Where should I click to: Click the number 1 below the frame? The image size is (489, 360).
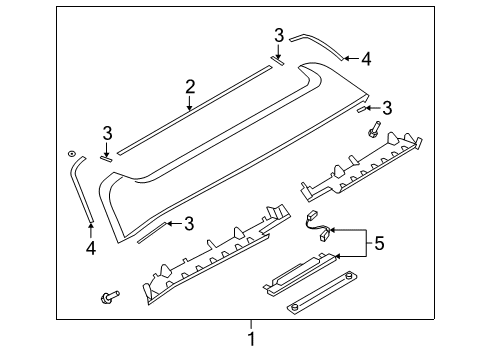[252, 339]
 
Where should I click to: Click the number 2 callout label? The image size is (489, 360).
[190, 87]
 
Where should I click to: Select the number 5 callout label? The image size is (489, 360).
[379, 243]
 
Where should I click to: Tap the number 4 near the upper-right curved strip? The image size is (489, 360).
[366, 59]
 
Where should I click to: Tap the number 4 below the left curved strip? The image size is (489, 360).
[91, 248]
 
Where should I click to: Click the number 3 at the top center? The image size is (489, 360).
[279, 35]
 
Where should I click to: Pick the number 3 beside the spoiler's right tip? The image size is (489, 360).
[387, 108]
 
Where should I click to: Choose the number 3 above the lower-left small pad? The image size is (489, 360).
[107, 133]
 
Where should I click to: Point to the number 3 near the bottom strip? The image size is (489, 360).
[189, 224]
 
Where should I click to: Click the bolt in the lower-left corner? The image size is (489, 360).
[110, 296]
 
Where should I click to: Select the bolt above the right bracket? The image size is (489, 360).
[374, 129]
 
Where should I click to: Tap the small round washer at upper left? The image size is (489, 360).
[71, 154]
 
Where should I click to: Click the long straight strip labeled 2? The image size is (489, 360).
[195, 110]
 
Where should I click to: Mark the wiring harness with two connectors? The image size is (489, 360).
[318, 227]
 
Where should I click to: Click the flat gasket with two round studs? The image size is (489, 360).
[323, 293]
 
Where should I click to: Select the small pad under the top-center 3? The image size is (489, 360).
[278, 61]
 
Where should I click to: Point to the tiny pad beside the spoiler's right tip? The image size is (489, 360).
[362, 110]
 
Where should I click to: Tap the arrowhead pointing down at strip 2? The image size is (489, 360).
[189, 107]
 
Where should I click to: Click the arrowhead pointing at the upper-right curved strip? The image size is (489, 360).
[347, 59]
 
